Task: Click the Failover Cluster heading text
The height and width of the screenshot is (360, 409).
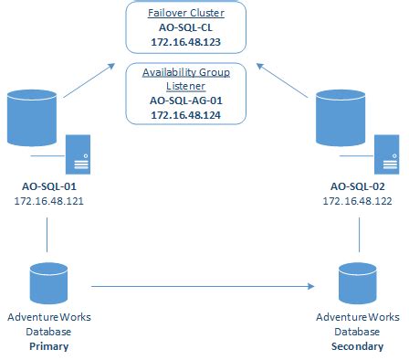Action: pos(188,15)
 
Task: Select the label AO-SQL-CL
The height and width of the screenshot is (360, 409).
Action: pos(188,29)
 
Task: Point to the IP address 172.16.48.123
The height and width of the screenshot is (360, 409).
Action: pos(188,43)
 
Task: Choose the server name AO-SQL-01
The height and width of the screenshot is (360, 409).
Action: pos(48,185)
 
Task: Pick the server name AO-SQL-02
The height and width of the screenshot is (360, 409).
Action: pos(357,185)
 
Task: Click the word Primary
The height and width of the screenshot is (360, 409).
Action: pos(48,346)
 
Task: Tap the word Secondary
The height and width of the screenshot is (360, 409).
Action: pos(356,346)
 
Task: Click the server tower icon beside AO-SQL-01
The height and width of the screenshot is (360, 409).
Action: pos(78,153)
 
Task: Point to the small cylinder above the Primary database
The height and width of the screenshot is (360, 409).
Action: pos(47,284)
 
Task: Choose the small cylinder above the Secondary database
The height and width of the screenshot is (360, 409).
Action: pos(356,284)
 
